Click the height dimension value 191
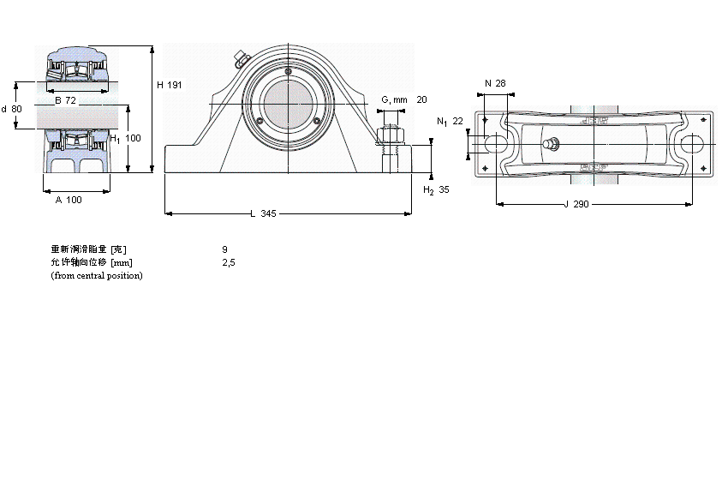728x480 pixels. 175,85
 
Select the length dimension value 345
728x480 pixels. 268,213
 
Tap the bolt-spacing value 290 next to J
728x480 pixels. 582,204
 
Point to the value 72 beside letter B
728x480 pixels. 72,101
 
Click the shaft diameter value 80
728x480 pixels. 17,109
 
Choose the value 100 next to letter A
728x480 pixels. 74,200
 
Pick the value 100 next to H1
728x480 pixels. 133,138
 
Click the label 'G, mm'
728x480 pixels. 394,100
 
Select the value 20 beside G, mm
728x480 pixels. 421,100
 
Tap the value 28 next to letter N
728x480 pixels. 501,83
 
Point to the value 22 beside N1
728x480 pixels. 457,122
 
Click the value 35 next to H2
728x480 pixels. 444,190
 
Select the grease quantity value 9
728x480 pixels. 224,249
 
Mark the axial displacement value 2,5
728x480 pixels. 228,262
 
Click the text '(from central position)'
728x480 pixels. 97,275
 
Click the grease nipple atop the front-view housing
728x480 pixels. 239,59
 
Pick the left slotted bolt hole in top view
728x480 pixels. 494,145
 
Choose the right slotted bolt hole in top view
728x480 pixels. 692,145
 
